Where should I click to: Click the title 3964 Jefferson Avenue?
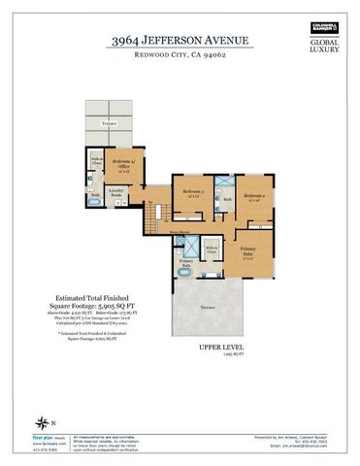tap(180, 40)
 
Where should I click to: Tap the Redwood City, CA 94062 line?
tap(180, 55)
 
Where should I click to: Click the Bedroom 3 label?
tap(189, 193)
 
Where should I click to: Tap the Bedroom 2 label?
tap(254, 197)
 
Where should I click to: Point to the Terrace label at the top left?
tap(109, 124)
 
